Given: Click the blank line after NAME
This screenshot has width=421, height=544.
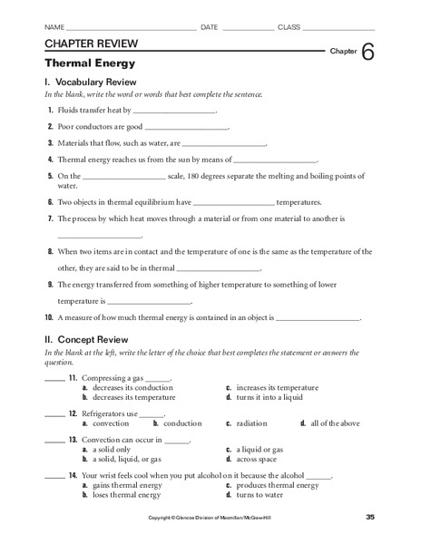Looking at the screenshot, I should pyautogui.click(x=131, y=29).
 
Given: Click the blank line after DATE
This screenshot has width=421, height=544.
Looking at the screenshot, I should pyautogui.click(x=247, y=29).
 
